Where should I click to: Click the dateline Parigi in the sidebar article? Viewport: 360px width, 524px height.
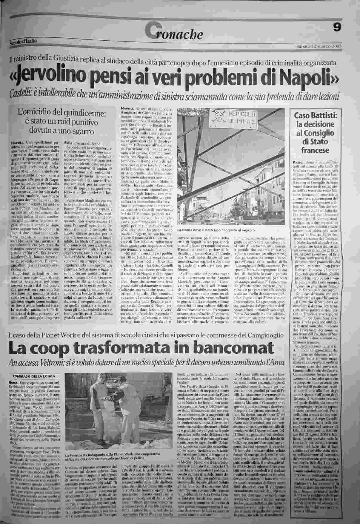tap(299, 162)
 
